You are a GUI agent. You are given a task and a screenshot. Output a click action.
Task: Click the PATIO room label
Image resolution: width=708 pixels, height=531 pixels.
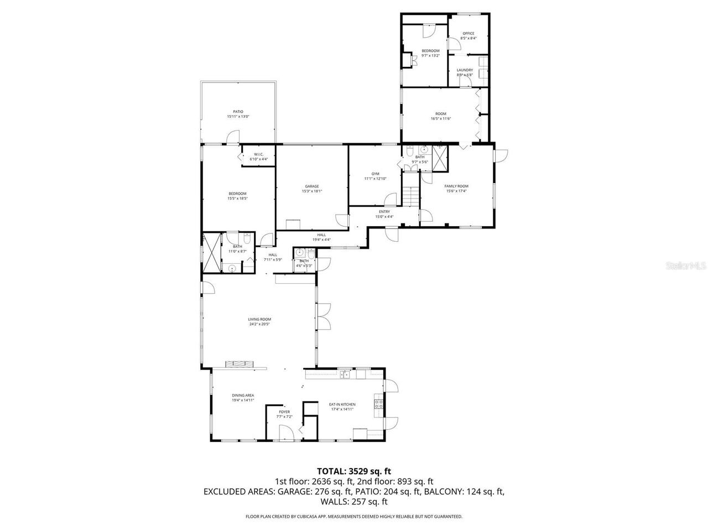pyautogui.click(x=238, y=112)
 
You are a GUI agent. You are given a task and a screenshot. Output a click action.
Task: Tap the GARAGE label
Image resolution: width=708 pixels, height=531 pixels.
pyautogui.click(x=311, y=186)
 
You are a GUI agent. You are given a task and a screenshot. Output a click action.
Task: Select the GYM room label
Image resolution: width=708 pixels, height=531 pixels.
pyautogui.click(x=375, y=174)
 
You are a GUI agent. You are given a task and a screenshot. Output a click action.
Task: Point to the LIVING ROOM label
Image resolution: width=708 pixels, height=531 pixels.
pyautogui.click(x=259, y=319)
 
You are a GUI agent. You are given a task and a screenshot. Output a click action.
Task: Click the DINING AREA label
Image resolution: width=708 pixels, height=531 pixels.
pyautogui.click(x=243, y=395)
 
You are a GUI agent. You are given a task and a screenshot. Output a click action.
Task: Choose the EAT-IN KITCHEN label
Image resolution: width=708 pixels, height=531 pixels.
pyautogui.click(x=342, y=404)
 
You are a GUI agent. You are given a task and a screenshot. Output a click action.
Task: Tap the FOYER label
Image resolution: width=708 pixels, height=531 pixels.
pyautogui.click(x=284, y=412)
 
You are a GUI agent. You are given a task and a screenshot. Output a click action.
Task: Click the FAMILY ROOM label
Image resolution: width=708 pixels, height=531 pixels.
pyautogui.click(x=456, y=186)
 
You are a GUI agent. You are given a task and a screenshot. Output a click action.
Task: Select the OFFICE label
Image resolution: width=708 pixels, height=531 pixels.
pyautogui.click(x=468, y=34)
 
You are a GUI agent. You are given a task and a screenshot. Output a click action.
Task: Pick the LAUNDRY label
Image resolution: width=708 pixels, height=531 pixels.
pyautogui.click(x=465, y=70)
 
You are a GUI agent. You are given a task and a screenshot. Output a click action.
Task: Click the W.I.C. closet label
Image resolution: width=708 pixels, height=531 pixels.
pyautogui.click(x=258, y=154)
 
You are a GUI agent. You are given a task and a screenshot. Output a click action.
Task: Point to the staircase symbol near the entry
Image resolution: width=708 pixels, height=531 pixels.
pyautogui.click(x=411, y=194)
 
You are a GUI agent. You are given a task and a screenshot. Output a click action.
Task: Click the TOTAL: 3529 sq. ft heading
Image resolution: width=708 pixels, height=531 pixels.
pyautogui.click(x=353, y=471)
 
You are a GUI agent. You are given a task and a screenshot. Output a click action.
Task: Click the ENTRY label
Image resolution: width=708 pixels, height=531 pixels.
pyautogui.click(x=384, y=212)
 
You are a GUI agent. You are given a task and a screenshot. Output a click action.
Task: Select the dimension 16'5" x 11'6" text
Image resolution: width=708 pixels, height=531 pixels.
pyautogui.click(x=440, y=118)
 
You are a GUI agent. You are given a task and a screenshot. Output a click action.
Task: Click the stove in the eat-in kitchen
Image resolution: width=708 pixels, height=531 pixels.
pyautogui.click(x=379, y=404)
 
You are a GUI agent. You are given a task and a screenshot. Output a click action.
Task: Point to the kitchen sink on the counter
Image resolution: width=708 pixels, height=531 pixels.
pyautogui.click(x=345, y=374)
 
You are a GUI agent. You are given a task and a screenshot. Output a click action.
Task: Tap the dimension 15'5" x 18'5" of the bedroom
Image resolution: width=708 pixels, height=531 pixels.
pyautogui.click(x=237, y=198)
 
